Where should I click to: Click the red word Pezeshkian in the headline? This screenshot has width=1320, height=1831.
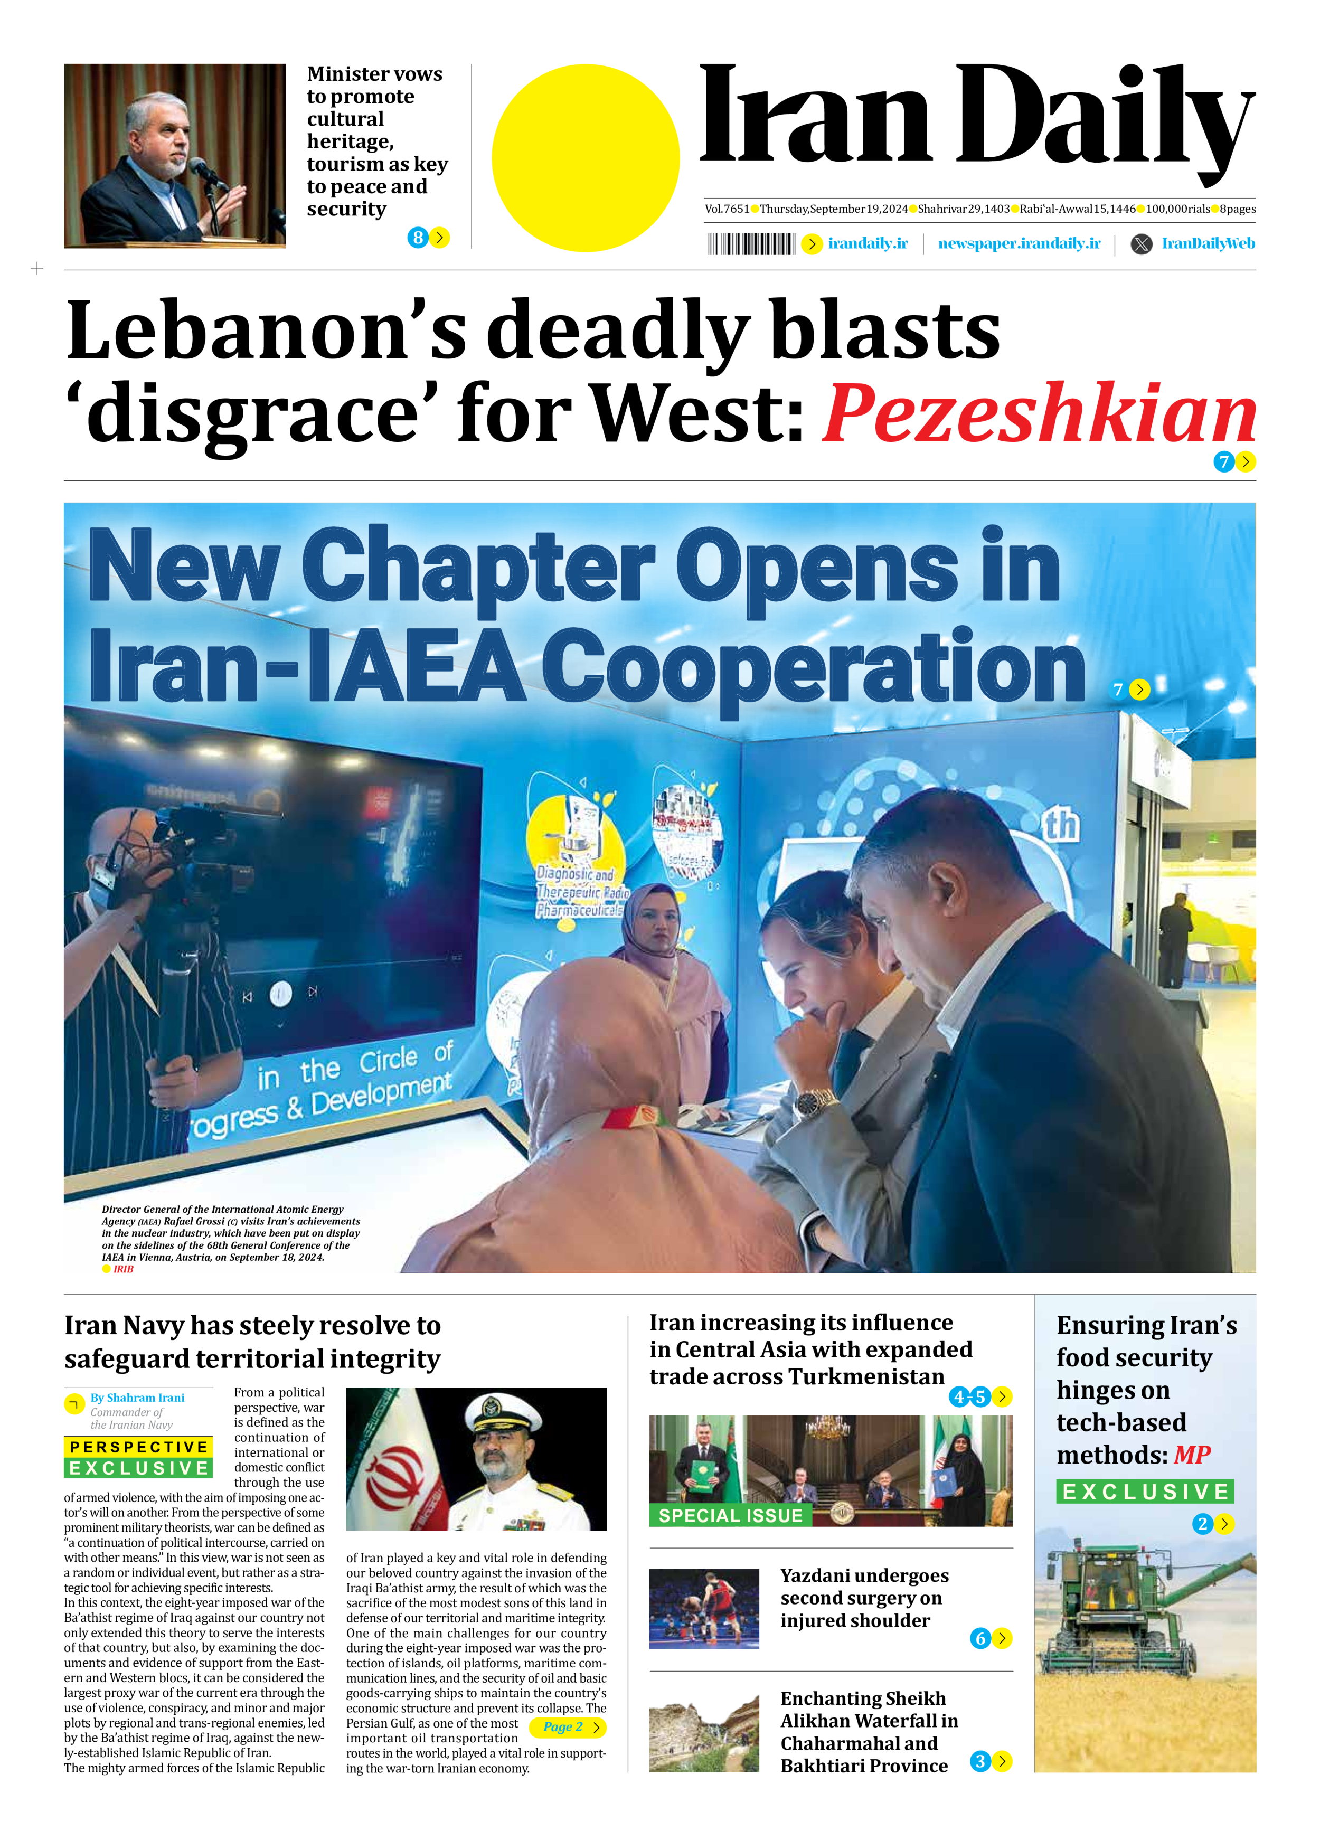pyautogui.click(x=1039, y=413)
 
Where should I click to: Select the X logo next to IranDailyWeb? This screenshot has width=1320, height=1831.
pyautogui.click(x=1141, y=244)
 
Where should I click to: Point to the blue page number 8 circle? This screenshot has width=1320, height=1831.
pyautogui.click(x=418, y=238)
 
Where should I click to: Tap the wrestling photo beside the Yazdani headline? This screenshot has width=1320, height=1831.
pyautogui.click(x=704, y=1608)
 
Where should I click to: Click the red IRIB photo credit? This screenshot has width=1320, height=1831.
pyautogui.click(x=124, y=1269)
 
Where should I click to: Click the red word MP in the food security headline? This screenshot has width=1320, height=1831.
pyautogui.click(x=1192, y=1455)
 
